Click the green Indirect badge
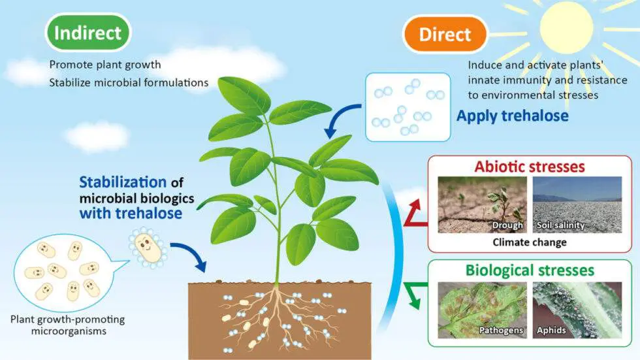(x=88, y=33)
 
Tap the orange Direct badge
(x=445, y=34)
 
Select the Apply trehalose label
(x=512, y=116)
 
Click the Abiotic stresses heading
(x=530, y=167)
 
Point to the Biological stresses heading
(x=530, y=270)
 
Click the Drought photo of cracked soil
(x=482, y=205)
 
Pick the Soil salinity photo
(x=577, y=205)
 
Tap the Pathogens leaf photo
(x=482, y=310)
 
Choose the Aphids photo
(x=577, y=310)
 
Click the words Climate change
(x=530, y=242)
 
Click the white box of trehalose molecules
(x=408, y=107)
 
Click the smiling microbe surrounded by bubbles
(x=148, y=248)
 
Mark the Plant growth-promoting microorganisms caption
(x=68, y=325)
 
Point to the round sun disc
(x=566, y=26)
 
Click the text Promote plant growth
(x=105, y=65)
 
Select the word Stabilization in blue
(x=123, y=182)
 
